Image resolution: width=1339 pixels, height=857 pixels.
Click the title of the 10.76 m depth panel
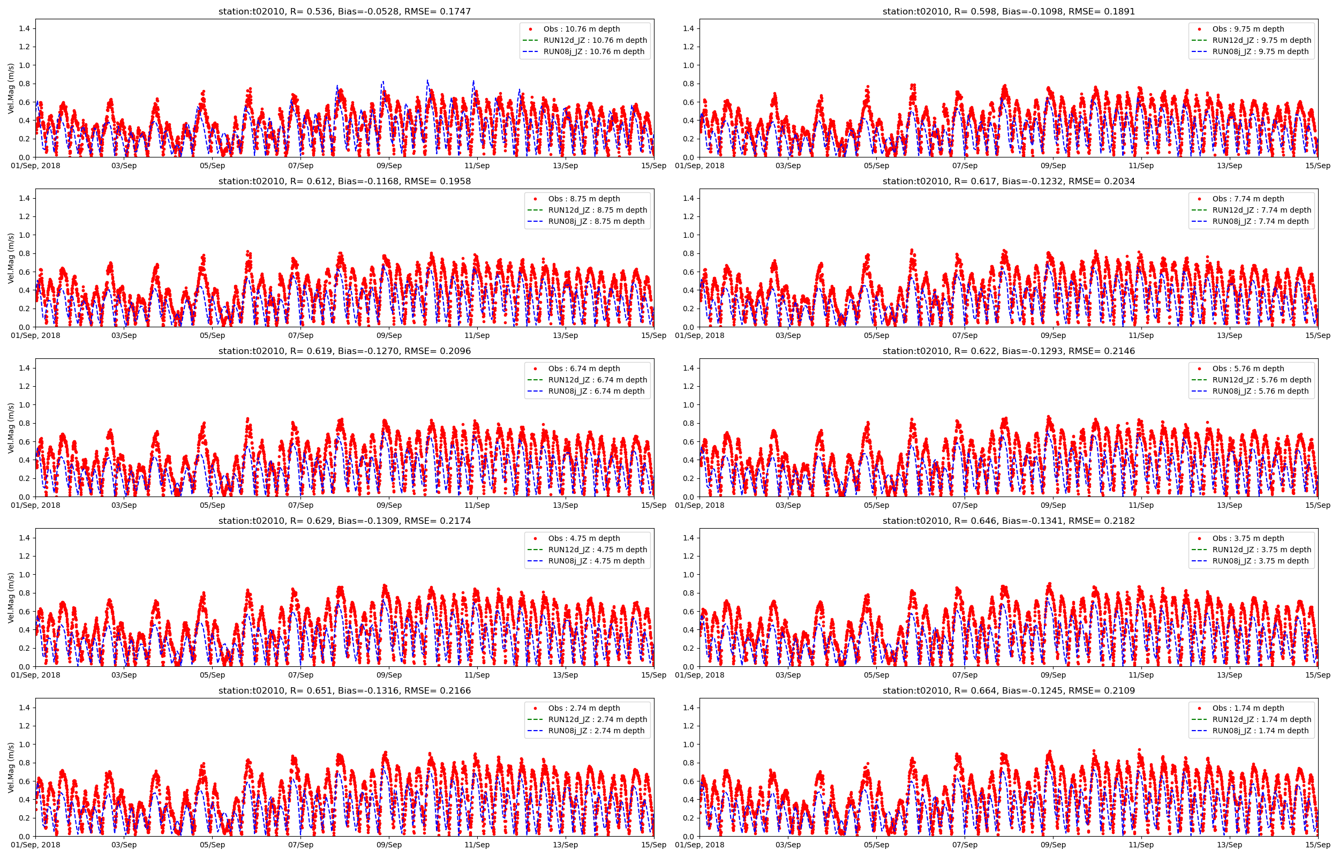pyautogui.click(x=344, y=11)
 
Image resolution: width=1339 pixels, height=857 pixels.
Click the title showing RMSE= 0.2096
pyautogui.click(x=344, y=351)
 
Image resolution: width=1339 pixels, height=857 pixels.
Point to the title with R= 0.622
pyautogui.click(x=1008, y=351)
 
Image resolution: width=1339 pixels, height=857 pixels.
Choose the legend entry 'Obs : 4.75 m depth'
pyautogui.click(x=584, y=538)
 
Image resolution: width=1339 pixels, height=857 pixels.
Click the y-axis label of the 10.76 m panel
pyautogui.click(x=11, y=88)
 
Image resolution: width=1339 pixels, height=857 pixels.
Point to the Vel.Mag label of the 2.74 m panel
pyautogui.click(x=11, y=768)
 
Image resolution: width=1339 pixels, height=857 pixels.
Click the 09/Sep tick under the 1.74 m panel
pyautogui.click(x=1052, y=845)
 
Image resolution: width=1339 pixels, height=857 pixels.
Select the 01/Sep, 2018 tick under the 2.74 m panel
pyautogui.click(x=35, y=845)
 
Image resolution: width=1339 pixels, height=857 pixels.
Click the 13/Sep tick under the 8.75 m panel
pyautogui.click(x=565, y=335)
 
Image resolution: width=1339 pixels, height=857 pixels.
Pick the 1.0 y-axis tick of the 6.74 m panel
pyautogui.click(x=24, y=404)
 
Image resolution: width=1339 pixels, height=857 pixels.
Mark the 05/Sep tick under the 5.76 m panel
pyautogui.click(x=876, y=505)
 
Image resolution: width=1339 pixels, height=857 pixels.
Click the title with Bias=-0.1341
pyautogui.click(x=1008, y=521)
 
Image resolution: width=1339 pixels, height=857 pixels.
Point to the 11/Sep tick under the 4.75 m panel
pyautogui.click(x=477, y=675)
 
